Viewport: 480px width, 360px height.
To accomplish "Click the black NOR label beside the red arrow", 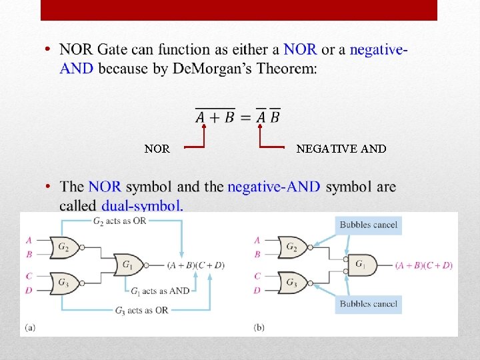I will coord(157,149).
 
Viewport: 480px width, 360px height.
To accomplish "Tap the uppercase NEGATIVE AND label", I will coord(341,149).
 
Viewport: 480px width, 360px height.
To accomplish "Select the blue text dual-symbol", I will coord(142,206).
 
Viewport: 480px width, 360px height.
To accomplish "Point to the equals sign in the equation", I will coord(244,117).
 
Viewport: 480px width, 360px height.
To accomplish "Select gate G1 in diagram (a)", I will coord(127,265).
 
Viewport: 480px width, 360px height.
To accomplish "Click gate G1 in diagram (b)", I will coord(361,265).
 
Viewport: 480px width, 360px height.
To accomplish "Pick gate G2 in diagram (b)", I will coord(292,247).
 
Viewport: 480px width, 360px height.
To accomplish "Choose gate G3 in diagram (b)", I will coord(292,283).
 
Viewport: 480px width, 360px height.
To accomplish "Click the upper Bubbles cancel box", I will coord(368,225).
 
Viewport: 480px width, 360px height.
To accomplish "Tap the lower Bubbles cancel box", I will coord(368,304).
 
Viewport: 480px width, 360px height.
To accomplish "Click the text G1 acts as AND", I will coord(160,291).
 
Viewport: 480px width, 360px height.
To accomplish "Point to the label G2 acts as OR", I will coord(121,221).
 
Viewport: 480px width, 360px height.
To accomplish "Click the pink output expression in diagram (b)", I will coord(424,265).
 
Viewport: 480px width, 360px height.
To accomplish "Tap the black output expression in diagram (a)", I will coord(196,265).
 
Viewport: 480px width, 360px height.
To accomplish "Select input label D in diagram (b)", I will coord(257,290).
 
